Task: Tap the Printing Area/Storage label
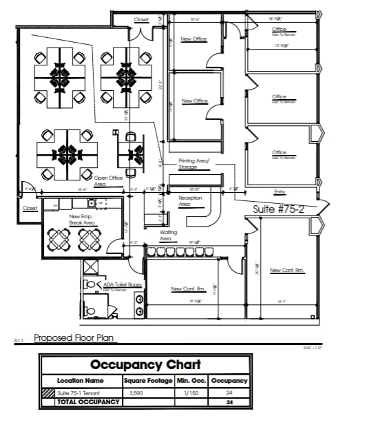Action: pos(188,163)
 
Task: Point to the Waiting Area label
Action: pos(169,236)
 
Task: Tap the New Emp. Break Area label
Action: pos(82,220)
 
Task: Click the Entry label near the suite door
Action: pos(280,191)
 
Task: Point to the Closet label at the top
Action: pos(141,20)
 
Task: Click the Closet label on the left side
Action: pos(30,208)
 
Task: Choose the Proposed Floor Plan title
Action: pos(74,338)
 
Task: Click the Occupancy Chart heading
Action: pos(146,364)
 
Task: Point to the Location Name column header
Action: pos(81,380)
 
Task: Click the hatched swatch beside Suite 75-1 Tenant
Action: pos(48,393)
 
